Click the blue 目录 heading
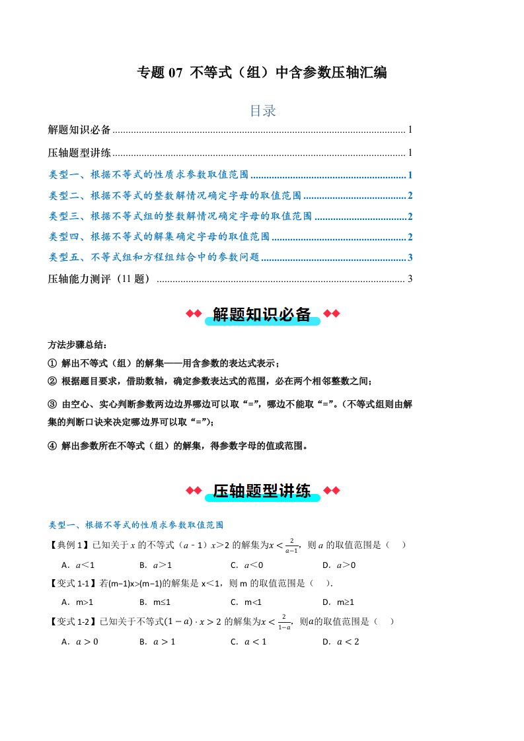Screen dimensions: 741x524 [262, 111]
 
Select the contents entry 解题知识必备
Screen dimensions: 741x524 [80, 130]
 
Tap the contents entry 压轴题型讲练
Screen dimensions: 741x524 [80, 153]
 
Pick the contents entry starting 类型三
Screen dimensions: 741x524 [180, 216]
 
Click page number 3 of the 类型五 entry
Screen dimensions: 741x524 [410, 258]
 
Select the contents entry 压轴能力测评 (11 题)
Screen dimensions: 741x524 [100, 279]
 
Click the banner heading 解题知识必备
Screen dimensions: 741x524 [262, 315]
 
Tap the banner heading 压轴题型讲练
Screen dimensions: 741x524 [262, 491]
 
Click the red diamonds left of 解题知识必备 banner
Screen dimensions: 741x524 [192, 314]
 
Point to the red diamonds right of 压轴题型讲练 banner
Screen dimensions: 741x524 [332, 490]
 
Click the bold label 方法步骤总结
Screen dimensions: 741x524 [77, 345]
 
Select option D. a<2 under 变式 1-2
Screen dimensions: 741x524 [340, 641]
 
